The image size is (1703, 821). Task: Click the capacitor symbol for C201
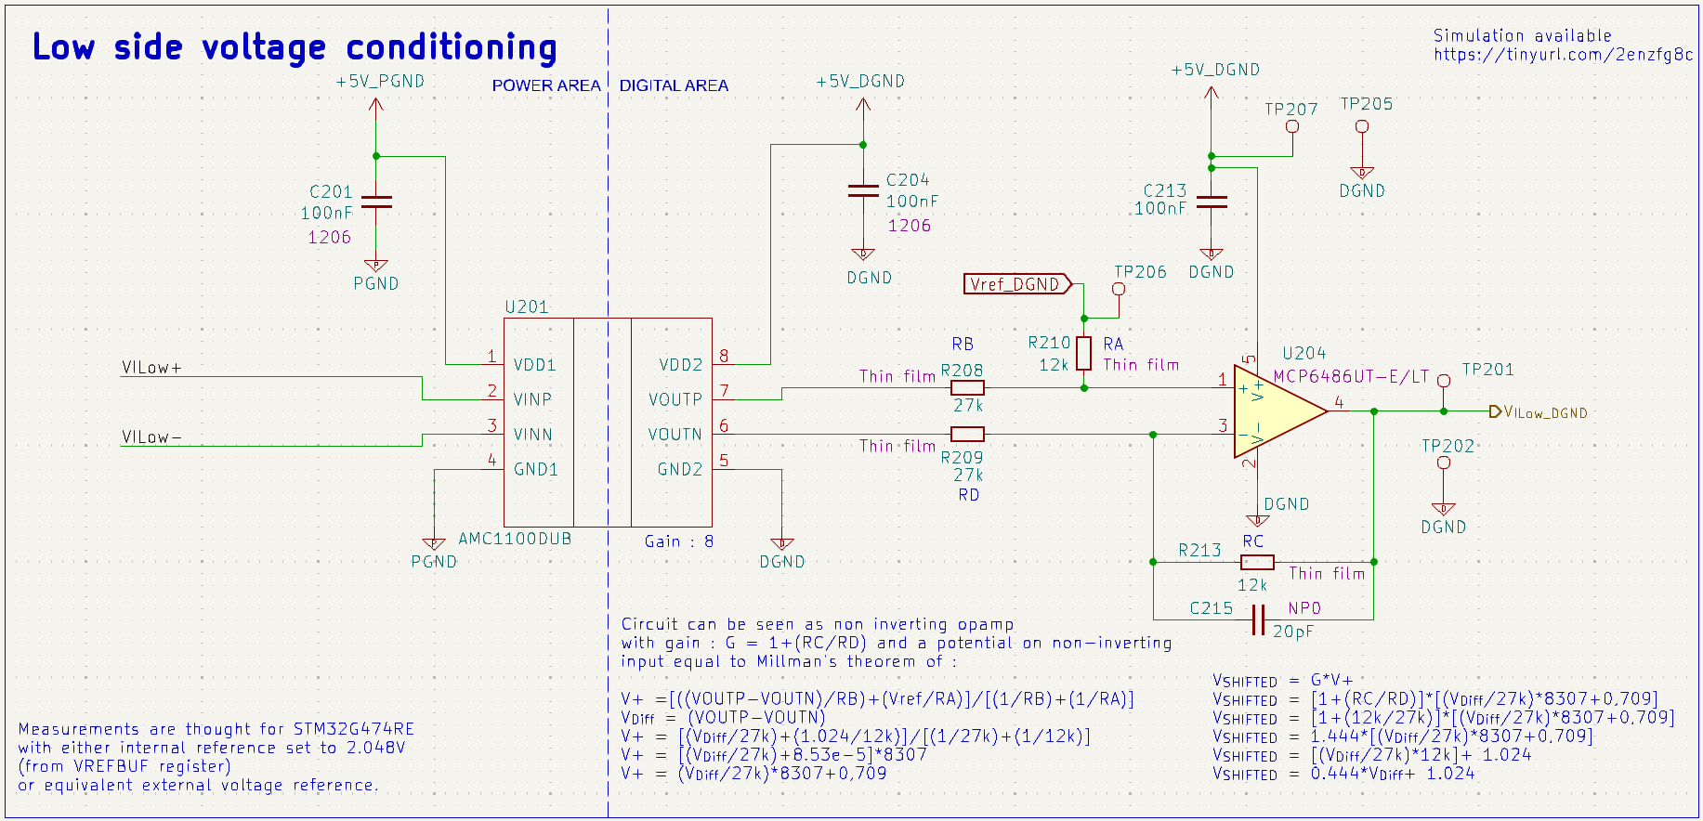pos(376,202)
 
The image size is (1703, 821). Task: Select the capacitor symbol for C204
pos(863,190)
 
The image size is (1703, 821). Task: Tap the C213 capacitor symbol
pos(1212,202)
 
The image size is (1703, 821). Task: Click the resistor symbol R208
pos(967,388)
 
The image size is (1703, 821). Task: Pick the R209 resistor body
pos(967,434)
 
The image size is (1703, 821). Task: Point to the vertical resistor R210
pos(1083,354)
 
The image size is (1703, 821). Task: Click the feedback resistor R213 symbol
pos(1257,562)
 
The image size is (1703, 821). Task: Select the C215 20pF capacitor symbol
pos(1258,619)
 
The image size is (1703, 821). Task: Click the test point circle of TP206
pos(1119,289)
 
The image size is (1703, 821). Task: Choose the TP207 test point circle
pos(1291,126)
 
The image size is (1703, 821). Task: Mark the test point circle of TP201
pos(1444,381)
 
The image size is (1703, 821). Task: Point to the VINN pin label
pos(533,435)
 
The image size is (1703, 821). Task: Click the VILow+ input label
pos(151,368)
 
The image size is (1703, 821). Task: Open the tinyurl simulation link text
pos(1563,55)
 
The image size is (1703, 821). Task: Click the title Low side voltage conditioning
pos(295,47)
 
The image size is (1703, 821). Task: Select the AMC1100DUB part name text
pos(515,539)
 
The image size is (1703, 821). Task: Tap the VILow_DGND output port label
pos(1543,412)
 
